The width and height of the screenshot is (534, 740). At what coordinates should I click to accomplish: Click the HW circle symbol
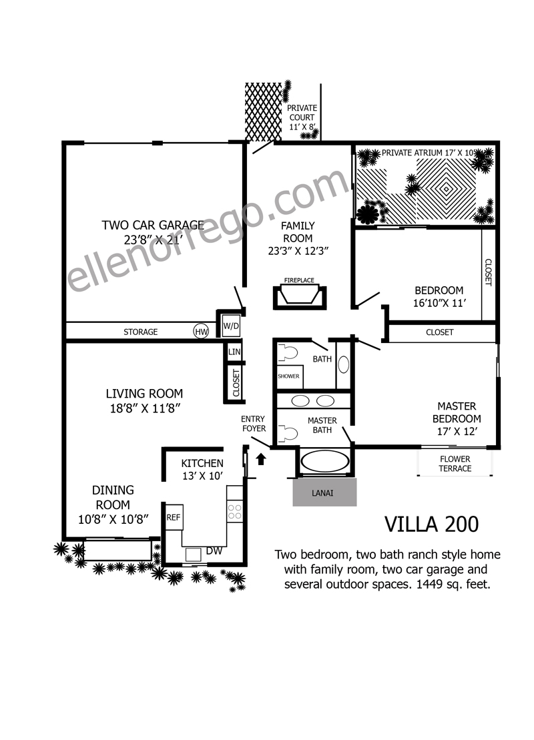(201, 332)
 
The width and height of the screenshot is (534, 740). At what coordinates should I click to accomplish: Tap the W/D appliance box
(231, 326)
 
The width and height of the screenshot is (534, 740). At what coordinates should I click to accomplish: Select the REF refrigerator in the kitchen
(174, 517)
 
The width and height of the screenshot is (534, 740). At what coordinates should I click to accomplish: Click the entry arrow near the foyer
(260, 459)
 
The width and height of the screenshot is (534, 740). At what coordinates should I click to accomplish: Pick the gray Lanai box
(324, 492)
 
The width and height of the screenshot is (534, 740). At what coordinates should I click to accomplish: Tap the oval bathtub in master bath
(324, 461)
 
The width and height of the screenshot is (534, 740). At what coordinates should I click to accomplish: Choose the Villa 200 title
(432, 524)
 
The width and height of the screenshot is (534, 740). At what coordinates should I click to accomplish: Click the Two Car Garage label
(153, 225)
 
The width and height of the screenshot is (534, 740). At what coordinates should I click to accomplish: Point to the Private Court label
(302, 112)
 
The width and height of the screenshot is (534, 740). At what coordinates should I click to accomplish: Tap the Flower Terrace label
(455, 464)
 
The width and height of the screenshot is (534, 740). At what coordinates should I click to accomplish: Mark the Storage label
(141, 332)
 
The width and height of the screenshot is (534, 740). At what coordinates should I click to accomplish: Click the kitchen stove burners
(235, 512)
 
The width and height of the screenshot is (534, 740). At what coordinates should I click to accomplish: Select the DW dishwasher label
(214, 550)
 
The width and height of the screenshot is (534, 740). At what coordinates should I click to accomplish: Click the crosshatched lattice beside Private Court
(263, 112)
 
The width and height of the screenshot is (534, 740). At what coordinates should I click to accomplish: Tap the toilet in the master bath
(288, 434)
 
